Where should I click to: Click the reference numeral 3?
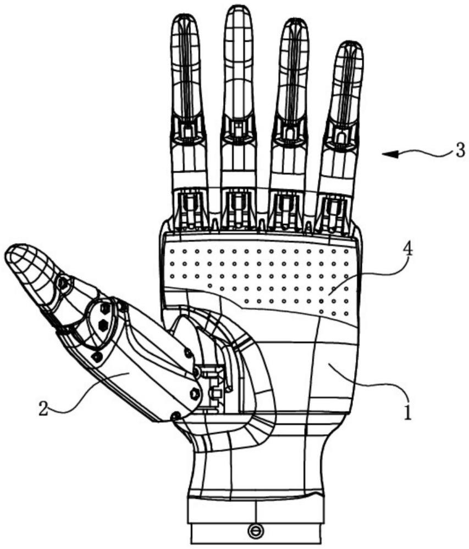point(460,150)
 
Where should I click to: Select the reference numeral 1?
point(407,410)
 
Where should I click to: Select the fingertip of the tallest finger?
point(239,8)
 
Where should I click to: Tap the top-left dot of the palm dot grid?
point(172,251)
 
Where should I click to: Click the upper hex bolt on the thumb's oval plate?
point(104,309)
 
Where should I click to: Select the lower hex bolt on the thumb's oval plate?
point(104,324)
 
